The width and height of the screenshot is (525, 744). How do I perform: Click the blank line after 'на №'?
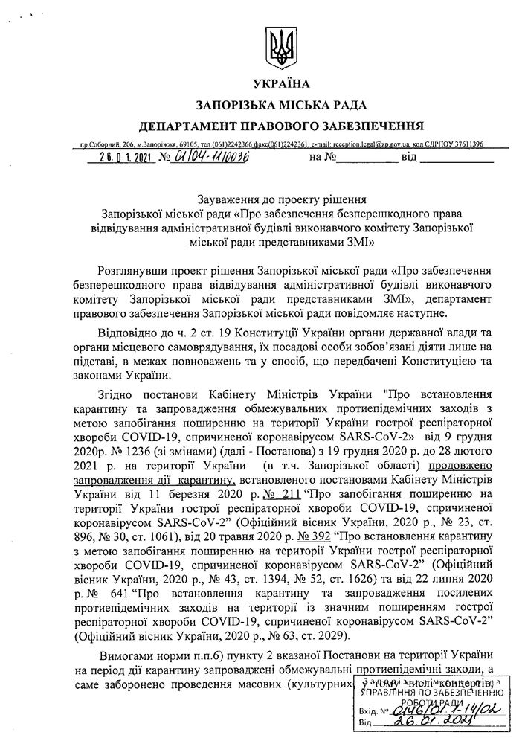(x=368, y=158)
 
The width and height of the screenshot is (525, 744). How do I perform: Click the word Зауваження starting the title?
(x=225, y=200)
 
